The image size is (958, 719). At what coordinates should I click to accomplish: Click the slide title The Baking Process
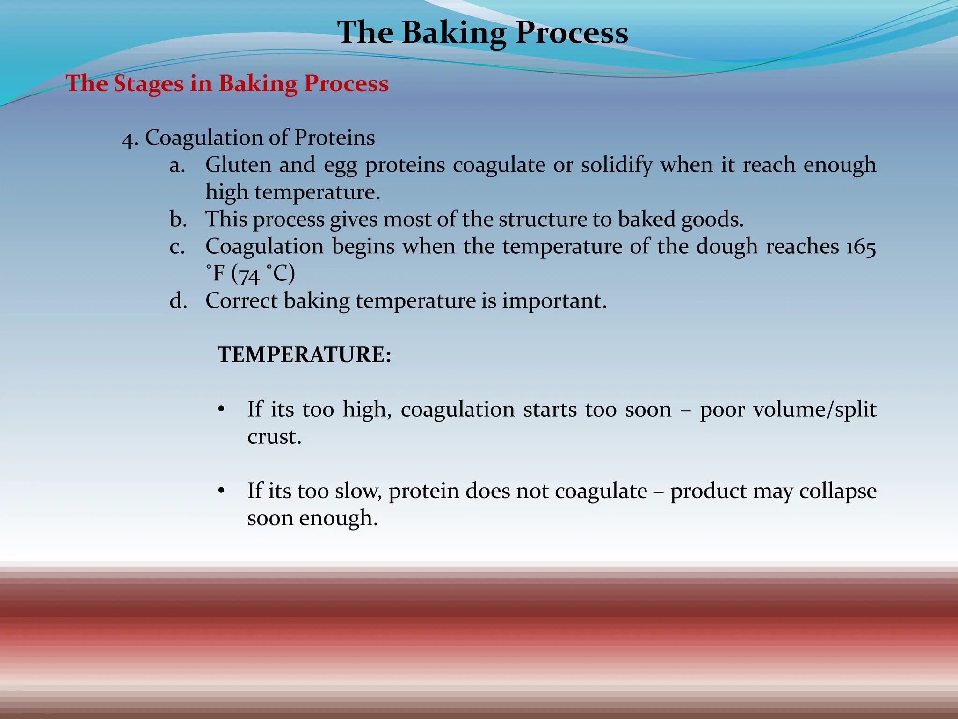point(482,33)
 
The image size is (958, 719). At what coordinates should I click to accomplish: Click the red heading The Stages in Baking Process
point(227,84)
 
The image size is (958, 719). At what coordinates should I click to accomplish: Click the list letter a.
point(177,166)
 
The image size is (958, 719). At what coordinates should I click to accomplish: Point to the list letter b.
point(178,219)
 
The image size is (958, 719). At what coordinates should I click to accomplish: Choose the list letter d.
point(178,301)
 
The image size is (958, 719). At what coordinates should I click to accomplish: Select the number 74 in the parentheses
point(249,274)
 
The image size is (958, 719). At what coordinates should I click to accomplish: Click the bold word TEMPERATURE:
point(304,355)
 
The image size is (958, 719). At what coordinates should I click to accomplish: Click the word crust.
point(274,437)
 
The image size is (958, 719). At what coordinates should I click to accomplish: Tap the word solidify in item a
point(617,165)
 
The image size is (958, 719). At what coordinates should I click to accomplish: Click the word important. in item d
point(554,301)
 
